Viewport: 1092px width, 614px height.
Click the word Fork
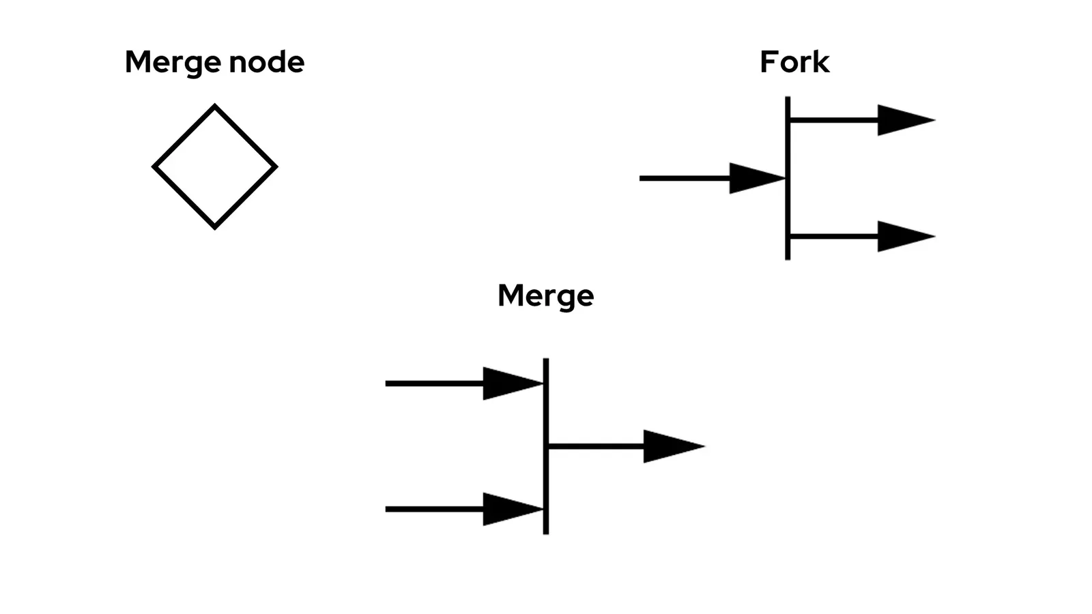(794, 62)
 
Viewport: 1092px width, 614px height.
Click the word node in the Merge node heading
(266, 62)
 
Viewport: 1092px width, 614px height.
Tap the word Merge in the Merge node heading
(173, 63)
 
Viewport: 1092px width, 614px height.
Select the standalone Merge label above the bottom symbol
(545, 295)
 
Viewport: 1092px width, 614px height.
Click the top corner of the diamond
(215, 107)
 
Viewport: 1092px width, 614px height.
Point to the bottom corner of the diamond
(215, 226)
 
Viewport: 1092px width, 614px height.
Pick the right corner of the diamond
(274, 166)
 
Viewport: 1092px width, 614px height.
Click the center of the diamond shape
(215, 166)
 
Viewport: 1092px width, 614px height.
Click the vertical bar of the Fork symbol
(788, 205)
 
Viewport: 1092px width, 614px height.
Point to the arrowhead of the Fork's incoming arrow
(754, 178)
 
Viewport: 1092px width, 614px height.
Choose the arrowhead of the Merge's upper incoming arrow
(509, 383)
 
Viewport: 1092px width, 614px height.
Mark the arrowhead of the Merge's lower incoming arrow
(509, 509)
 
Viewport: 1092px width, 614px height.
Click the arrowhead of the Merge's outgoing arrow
(669, 446)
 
